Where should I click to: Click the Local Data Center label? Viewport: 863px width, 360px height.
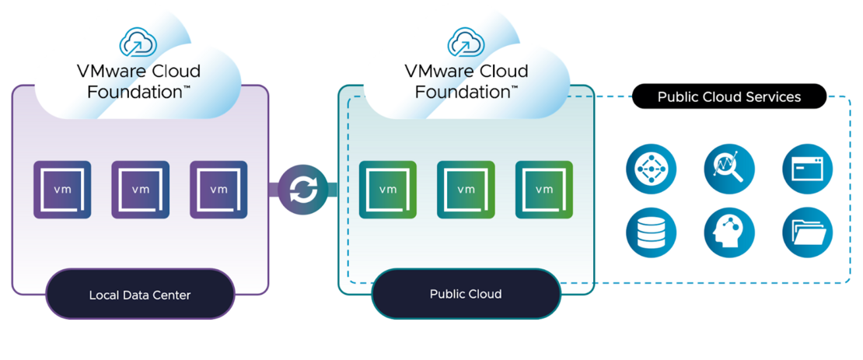pyautogui.click(x=140, y=295)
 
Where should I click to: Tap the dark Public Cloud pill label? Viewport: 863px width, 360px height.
pyautogui.click(x=466, y=294)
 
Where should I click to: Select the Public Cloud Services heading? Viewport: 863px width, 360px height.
pyautogui.click(x=728, y=97)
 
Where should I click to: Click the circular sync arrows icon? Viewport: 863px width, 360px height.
pyautogui.click(x=303, y=189)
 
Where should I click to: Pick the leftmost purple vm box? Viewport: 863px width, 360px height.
pyautogui.click(x=62, y=189)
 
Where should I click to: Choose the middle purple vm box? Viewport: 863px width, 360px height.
pyautogui.click(x=141, y=189)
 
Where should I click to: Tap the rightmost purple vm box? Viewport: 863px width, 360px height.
pyautogui.click(x=218, y=189)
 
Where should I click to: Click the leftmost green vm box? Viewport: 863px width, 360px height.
pyautogui.click(x=388, y=189)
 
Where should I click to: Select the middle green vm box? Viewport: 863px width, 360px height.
pyautogui.click(x=466, y=189)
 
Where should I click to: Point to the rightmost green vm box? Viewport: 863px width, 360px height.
pyautogui.click(x=544, y=189)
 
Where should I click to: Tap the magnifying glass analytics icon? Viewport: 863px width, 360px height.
pyautogui.click(x=728, y=168)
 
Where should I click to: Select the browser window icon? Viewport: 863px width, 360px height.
pyautogui.click(x=807, y=168)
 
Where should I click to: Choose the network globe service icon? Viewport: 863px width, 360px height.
pyautogui.click(x=651, y=168)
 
